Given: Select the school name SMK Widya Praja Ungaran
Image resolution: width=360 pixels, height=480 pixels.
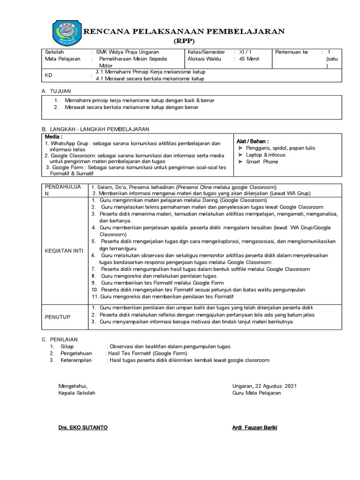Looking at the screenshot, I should [x=127, y=52].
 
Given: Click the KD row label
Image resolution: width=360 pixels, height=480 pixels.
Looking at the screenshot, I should [x=48, y=75].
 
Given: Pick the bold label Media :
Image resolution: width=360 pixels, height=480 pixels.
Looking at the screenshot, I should [x=53, y=136].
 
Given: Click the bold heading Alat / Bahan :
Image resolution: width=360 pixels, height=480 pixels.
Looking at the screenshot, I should [x=252, y=141].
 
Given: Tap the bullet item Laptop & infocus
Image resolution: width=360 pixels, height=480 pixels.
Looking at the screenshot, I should [x=265, y=155].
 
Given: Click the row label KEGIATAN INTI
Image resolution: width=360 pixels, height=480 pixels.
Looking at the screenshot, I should [x=64, y=251].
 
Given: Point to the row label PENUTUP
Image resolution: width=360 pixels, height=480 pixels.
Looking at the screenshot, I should [x=57, y=317].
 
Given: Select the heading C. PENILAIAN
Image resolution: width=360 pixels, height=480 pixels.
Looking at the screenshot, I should [x=60, y=339].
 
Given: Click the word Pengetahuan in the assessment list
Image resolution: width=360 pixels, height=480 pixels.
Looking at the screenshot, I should [x=76, y=353].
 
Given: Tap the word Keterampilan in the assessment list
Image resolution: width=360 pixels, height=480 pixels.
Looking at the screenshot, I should [x=76, y=360].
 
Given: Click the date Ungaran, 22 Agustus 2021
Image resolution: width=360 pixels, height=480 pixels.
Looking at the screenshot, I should [x=264, y=386].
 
